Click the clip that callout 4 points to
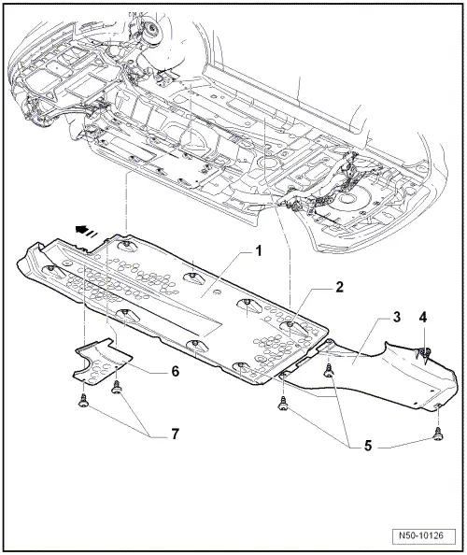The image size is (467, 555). (x=422, y=354)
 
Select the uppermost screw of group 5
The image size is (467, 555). (x=329, y=372)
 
